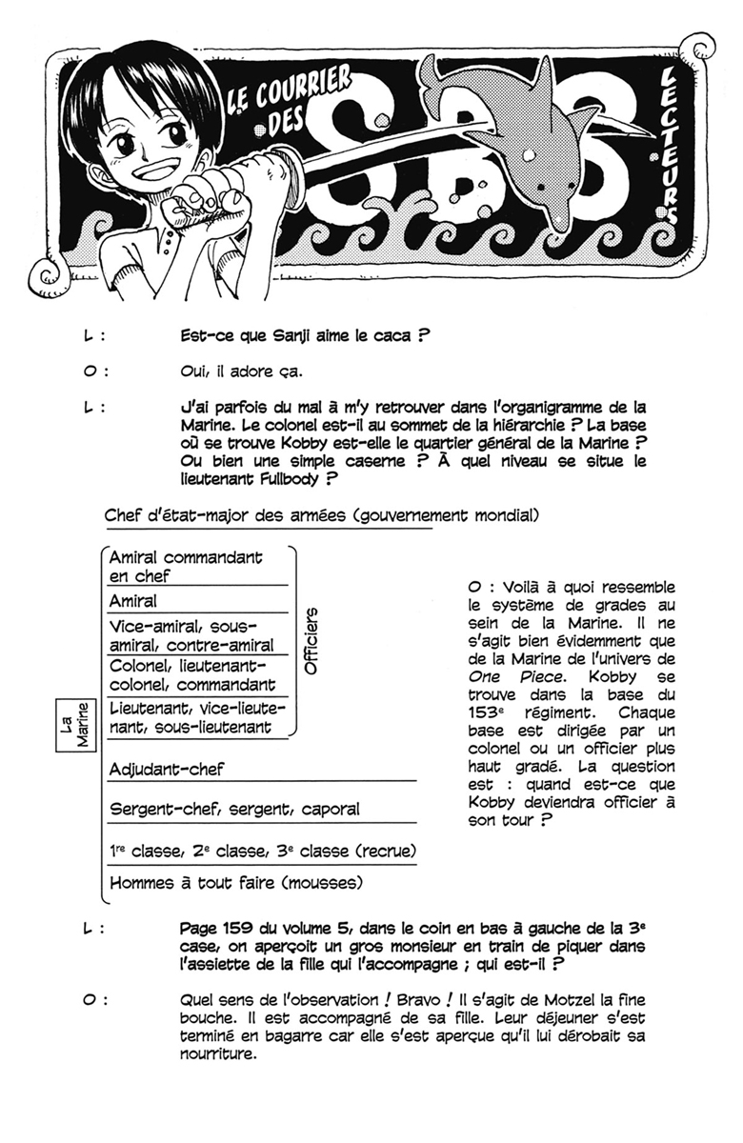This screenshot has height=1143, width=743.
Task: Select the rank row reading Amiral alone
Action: pos(133,601)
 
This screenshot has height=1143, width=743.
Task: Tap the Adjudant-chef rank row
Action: pos(167,769)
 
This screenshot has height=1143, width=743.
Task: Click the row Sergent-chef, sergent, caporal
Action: pos(234,809)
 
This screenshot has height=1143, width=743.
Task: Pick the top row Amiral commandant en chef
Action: pos(186,566)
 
